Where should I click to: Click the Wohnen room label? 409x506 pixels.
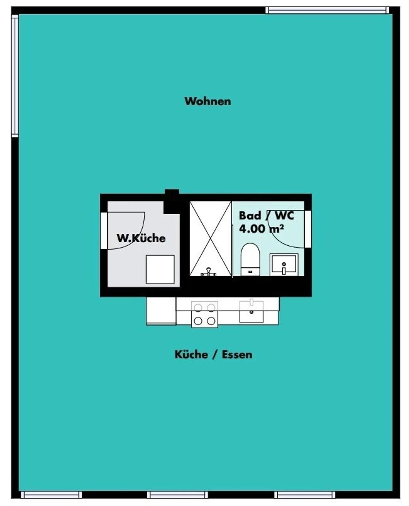tap(208, 101)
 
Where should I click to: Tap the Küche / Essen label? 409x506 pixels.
tap(213, 355)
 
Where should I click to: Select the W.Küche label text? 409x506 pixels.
tap(141, 238)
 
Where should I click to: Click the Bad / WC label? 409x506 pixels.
tap(266, 216)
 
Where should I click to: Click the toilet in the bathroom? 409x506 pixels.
tap(250, 259)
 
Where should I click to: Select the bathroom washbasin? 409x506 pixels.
tap(284, 265)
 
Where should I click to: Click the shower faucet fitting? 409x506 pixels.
tap(208, 272)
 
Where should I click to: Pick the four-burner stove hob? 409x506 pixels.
tap(204, 315)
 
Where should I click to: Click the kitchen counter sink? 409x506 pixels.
tap(251, 311)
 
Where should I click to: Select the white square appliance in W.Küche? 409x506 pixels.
tap(160, 269)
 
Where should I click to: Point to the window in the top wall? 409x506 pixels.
tap(327, 10)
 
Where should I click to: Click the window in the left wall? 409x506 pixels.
tap(15, 76)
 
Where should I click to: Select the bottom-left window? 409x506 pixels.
tap(51, 495)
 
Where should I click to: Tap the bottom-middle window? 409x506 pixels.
tap(178, 495)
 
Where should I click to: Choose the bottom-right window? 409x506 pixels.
tap(304, 495)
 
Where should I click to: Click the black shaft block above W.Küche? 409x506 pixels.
tap(172, 200)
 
